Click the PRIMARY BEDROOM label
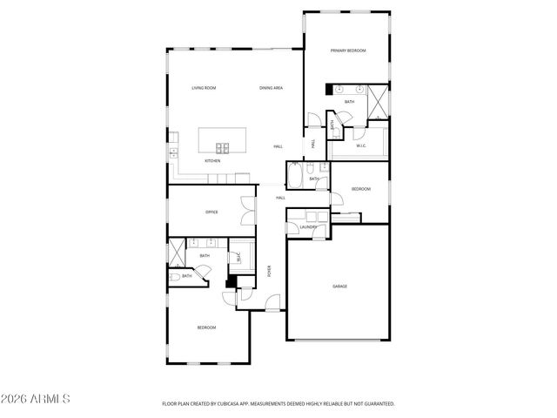click(x=347, y=51)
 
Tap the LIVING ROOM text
click(x=204, y=88)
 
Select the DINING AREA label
click(x=271, y=88)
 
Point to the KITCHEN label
click(x=212, y=161)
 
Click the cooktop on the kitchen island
click(x=222, y=147)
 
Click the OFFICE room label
click(x=211, y=212)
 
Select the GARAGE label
click(x=339, y=286)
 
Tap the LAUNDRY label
click(x=308, y=227)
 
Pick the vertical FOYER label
click(x=269, y=271)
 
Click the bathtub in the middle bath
click(x=295, y=175)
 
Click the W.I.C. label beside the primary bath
click(x=360, y=145)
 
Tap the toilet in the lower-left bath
click(x=175, y=277)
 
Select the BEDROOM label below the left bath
click(x=206, y=327)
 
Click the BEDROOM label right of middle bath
click(x=361, y=189)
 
